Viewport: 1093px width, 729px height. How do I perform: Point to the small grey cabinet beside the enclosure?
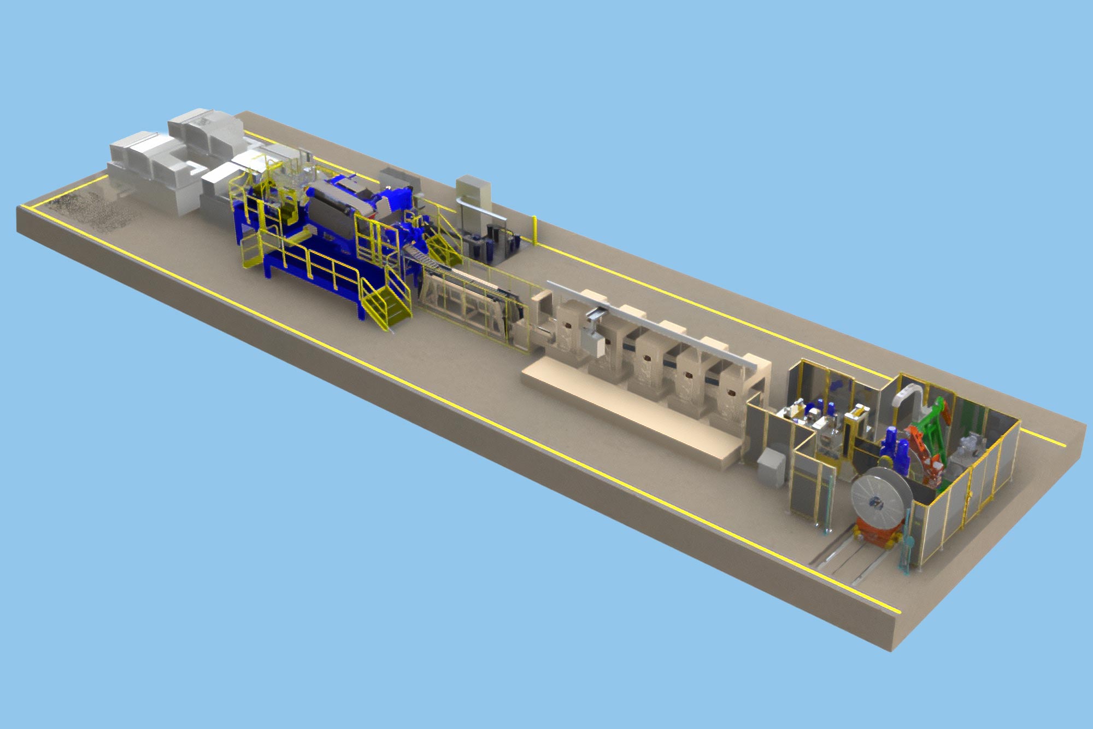pyautogui.click(x=771, y=467)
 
